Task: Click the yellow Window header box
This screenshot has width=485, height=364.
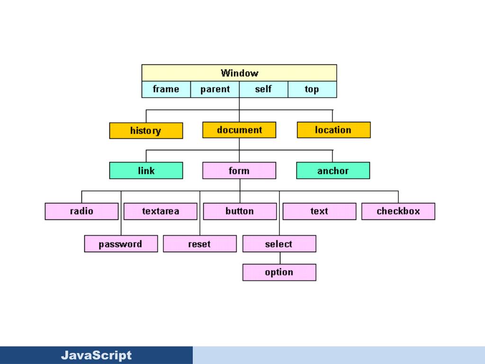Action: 239,73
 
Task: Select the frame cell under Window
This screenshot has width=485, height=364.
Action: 166,89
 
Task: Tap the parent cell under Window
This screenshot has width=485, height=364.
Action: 215,89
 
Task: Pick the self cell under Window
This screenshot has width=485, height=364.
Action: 263,89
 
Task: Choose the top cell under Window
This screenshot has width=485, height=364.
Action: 312,89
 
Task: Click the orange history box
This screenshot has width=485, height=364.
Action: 146,131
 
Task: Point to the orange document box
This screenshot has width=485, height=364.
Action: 239,130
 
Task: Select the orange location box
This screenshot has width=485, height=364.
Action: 333,130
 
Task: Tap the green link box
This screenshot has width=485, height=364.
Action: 146,171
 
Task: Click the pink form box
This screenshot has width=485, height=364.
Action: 239,171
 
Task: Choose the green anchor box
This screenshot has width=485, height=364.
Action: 333,171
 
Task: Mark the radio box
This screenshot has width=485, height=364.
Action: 81,211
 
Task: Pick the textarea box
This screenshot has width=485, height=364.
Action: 161,211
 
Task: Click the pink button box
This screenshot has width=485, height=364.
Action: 240,211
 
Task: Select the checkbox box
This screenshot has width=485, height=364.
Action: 398,211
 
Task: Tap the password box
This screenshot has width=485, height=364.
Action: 121,244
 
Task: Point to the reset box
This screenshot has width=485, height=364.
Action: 199,244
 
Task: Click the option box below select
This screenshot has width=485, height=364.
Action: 279,273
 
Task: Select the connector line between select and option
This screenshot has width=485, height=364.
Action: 279,258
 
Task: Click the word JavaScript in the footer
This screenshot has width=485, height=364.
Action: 96,355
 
